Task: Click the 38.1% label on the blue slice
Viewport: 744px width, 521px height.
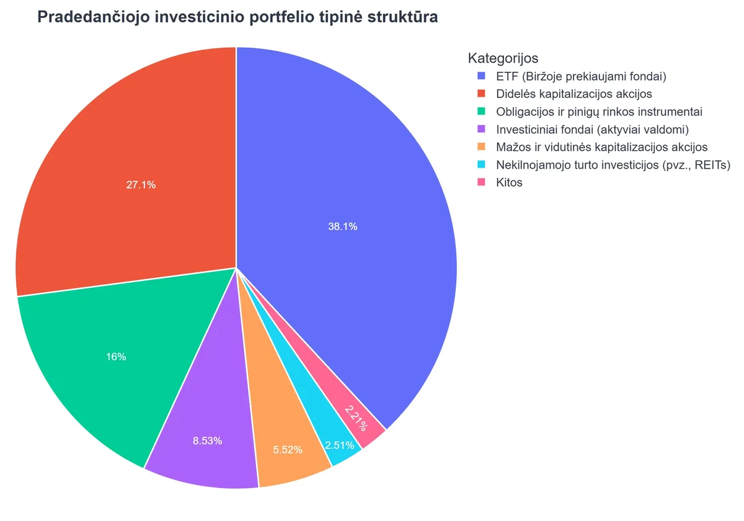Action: (x=342, y=227)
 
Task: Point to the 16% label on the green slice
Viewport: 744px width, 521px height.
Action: (x=116, y=357)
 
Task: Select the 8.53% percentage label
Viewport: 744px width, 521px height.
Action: (x=207, y=441)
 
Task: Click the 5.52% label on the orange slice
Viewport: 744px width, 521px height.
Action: (x=288, y=450)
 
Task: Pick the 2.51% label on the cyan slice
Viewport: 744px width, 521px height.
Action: (x=339, y=445)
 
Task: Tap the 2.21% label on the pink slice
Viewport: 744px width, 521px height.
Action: (x=356, y=417)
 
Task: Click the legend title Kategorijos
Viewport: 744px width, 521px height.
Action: (x=503, y=58)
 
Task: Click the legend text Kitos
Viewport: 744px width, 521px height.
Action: (x=509, y=184)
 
